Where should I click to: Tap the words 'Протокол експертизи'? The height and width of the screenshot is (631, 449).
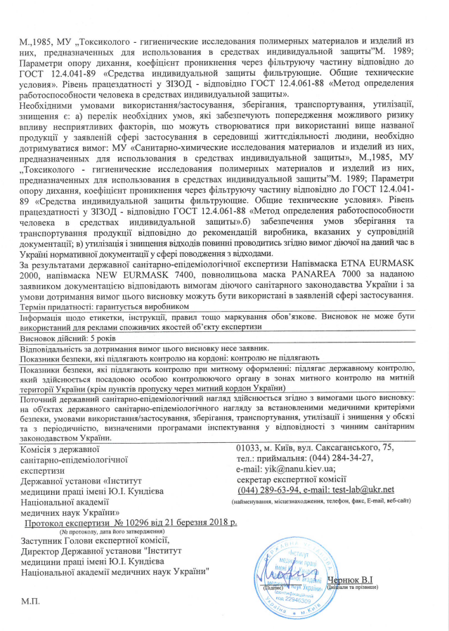point(66,523)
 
